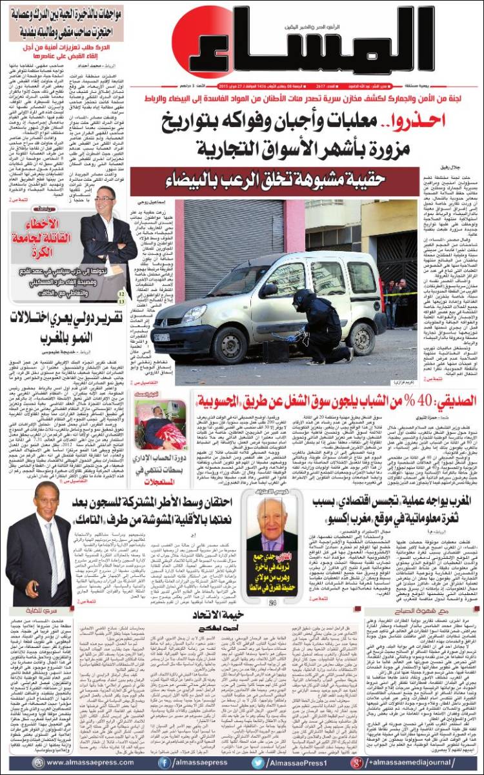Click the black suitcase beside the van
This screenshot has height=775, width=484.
point(276,350)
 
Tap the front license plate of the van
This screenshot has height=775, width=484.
point(162,337)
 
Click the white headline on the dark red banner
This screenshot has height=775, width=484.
point(293,177)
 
